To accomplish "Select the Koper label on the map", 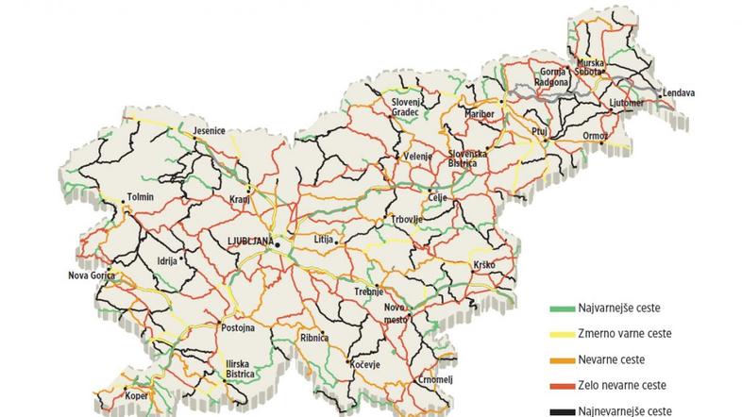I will [138, 395].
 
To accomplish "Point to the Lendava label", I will [678, 93].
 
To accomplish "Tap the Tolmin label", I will [140, 198].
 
